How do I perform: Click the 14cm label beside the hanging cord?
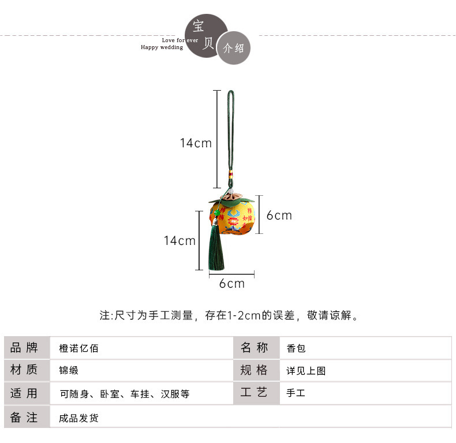click(x=196, y=143)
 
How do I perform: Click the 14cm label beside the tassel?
click(x=180, y=240)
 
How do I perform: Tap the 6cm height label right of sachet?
click(x=279, y=215)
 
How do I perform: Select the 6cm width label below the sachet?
click(x=231, y=284)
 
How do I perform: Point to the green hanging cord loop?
click(x=230, y=133)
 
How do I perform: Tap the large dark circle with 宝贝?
click(x=205, y=36)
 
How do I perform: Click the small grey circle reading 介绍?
click(x=233, y=49)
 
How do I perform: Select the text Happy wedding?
click(x=162, y=47)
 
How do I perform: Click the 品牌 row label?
click(x=24, y=348)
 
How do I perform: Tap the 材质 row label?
click(x=24, y=370)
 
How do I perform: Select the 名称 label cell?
click(x=255, y=348)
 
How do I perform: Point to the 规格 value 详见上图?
click(x=306, y=371)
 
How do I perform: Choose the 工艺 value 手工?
click(x=296, y=393)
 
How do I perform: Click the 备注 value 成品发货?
click(x=79, y=418)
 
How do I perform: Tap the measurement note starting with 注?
click(x=230, y=315)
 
